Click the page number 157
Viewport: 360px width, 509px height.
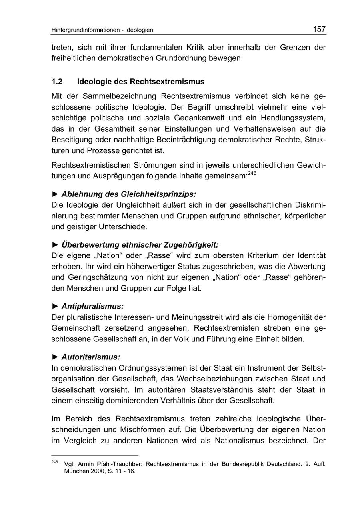point(319,29)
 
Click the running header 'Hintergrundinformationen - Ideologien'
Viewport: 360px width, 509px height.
point(102,30)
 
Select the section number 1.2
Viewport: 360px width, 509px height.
point(57,82)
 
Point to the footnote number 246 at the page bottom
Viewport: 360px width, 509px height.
point(55,462)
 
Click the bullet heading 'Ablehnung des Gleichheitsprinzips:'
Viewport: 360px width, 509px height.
point(129,194)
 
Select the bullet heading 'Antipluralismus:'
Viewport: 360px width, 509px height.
point(92,306)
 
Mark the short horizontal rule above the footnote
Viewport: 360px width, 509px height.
point(95,455)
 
